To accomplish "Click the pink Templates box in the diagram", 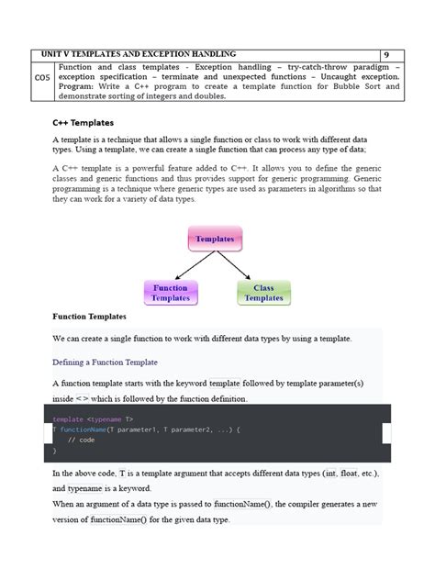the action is [215, 239].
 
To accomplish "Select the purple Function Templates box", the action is [171, 293].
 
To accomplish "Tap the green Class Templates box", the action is [263, 293].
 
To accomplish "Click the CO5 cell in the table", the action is [42, 78].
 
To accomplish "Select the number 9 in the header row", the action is [386, 55].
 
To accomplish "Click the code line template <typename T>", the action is [93, 418].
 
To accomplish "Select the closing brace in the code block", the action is [55, 451].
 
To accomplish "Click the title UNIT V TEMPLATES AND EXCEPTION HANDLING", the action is [146, 55].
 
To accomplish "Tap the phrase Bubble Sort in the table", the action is [334, 88].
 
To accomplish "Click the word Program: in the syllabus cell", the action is [78, 88].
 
